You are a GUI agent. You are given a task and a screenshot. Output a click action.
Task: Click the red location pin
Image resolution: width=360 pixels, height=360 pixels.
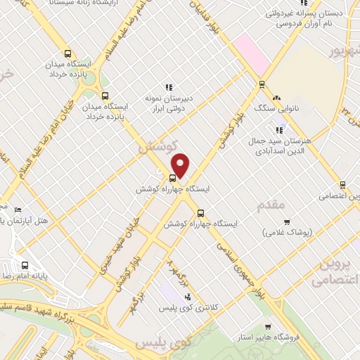coord(181,165)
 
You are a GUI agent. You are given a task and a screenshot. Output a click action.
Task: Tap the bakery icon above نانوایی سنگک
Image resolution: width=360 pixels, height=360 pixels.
coord(276,98)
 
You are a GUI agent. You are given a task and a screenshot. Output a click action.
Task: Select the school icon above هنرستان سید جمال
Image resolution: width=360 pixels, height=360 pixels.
coord(280,129)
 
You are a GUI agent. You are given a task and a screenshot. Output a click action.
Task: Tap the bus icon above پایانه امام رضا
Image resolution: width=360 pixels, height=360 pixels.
coord(25,266)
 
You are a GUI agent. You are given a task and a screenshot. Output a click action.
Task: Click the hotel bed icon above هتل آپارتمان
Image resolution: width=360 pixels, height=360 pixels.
coord(18,210)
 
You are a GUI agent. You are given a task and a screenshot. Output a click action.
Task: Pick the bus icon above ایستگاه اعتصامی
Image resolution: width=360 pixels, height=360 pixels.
coord(342,185)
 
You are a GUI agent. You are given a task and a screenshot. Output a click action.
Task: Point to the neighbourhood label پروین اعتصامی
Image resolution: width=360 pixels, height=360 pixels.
coord(330,271)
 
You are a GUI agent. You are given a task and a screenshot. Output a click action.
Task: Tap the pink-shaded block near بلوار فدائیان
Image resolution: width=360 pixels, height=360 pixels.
coord(252,53)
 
